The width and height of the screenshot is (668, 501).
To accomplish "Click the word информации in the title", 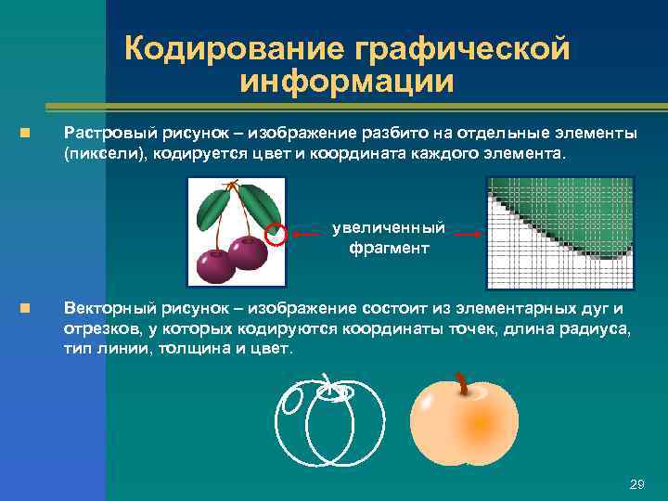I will (x=347, y=82).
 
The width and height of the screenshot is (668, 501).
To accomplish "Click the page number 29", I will (x=636, y=484).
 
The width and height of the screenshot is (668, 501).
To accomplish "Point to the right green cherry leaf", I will (x=262, y=203).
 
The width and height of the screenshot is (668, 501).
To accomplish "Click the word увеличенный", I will (x=388, y=228).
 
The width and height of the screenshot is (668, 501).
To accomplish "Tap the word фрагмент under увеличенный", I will (x=388, y=248).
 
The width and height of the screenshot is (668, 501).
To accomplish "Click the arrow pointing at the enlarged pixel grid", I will (x=469, y=236).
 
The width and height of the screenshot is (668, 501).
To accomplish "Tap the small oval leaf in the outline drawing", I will (x=291, y=402).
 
